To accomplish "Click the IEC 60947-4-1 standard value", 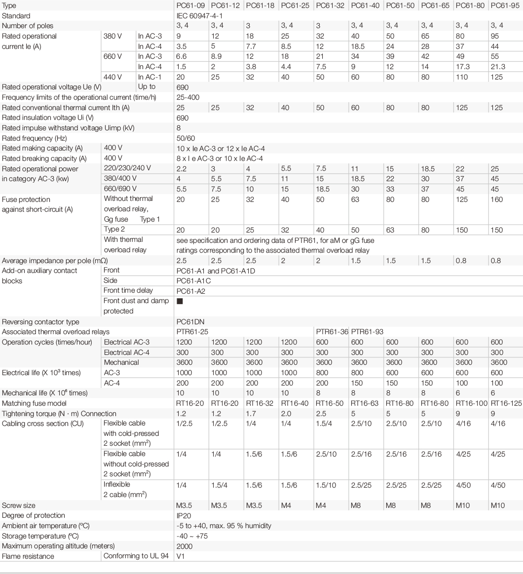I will (197, 15).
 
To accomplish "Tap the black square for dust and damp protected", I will (180, 301).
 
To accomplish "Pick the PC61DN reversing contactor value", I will (190, 322).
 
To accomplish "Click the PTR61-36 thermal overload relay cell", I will (332, 332).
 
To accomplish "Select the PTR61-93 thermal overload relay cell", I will (367, 332).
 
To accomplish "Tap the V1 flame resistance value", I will (181, 557).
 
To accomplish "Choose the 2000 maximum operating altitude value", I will (185, 546).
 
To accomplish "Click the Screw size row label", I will (19, 505).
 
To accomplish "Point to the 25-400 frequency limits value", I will (188, 97).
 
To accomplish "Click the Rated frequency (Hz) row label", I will (34, 138).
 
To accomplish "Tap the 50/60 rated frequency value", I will (186, 138).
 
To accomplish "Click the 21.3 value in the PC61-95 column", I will (497, 67).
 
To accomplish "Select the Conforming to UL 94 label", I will (136, 557).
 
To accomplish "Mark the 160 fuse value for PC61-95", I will (497, 200).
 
